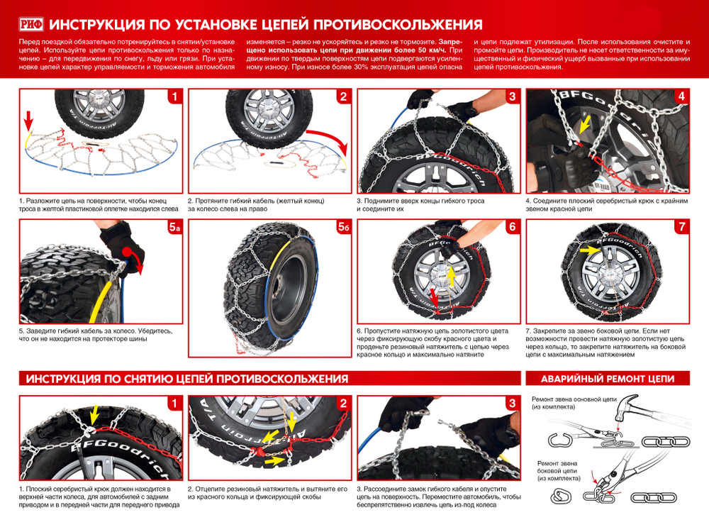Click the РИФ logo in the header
[x=32, y=26]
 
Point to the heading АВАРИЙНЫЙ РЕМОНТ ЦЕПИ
[x=607, y=379]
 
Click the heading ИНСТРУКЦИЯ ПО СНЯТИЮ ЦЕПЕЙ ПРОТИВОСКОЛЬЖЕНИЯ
[x=186, y=379]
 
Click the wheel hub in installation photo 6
[x=440, y=274]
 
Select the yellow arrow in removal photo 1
[x=94, y=414]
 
